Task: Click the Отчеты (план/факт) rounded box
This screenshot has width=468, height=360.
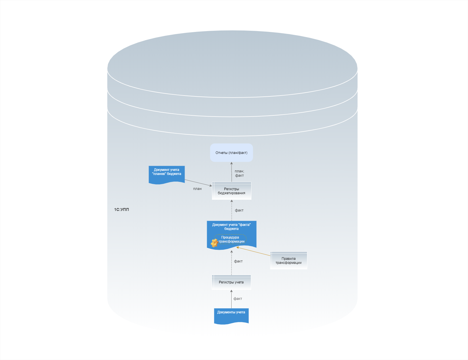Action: click(x=231, y=153)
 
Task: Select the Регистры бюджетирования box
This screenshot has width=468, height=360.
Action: click(x=232, y=191)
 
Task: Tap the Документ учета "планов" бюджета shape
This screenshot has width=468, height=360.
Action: click(x=166, y=174)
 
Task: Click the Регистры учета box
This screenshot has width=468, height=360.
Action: click(x=231, y=282)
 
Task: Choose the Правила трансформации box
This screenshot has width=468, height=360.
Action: click(x=289, y=261)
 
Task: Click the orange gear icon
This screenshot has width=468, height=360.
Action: click(x=214, y=243)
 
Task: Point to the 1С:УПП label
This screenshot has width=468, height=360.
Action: click(x=122, y=209)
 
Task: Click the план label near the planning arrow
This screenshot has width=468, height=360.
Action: click(x=197, y=189)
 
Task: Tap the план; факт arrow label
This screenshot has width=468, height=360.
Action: click(x=239, y=173)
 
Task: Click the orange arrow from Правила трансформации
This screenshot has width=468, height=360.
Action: click(x=253, y=251)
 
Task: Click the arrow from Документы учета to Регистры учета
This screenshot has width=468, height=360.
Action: click(x=231, y=299)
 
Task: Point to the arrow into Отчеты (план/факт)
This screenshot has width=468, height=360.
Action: click(x=232, y=172)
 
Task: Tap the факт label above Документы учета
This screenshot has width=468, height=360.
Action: click(x=238, y=299)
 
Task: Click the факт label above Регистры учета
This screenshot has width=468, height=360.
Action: click(x=238, y=261)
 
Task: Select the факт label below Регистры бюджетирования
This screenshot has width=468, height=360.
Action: click(x=239, y=210)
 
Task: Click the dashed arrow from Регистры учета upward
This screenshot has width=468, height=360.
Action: click(x=232, y=263)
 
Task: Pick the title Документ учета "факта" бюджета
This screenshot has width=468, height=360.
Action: click(x=231, y=227)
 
